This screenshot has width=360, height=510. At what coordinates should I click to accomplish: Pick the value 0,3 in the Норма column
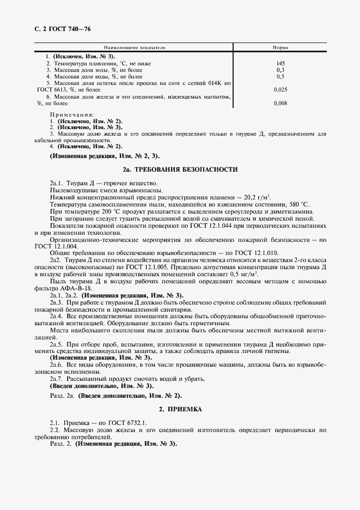280,70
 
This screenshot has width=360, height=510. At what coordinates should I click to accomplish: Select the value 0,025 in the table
280,89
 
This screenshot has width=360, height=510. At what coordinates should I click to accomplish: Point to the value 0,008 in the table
280,102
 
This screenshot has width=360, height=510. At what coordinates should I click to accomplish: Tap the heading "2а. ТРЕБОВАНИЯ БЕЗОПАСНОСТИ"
180,169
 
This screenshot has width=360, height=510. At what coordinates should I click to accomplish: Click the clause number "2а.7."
57,379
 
